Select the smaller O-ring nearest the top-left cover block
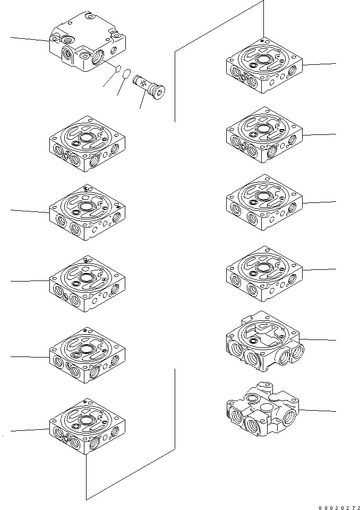click(119, 69)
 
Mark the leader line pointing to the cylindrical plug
click(143, 101)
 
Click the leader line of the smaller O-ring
click(110, 79)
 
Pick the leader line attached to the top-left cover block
click(29, 39)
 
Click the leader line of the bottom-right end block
click(319, 411)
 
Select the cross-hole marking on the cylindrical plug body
click(143, 82)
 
